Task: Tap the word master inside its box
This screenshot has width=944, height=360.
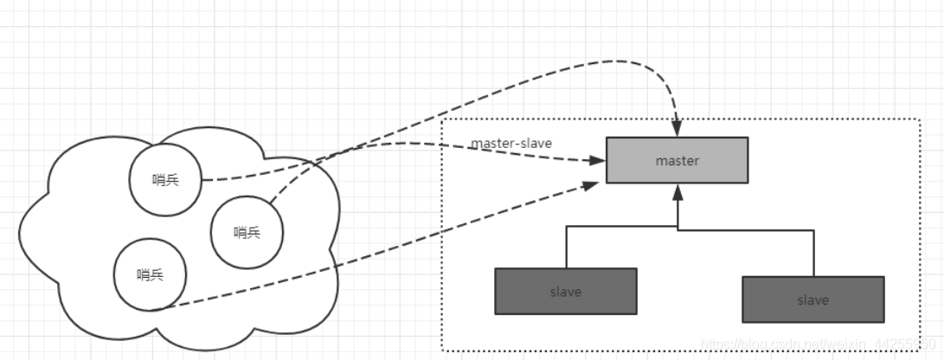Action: tap(677, 161)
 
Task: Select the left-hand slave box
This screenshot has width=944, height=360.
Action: tap(566, 291)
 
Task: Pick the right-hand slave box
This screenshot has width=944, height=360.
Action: tap(812, 299)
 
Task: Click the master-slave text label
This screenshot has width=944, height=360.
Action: tap(511, 143)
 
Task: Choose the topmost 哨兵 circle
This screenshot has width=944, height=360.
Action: tap(165, 178)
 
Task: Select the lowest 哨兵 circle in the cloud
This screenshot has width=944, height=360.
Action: tap(151, 275)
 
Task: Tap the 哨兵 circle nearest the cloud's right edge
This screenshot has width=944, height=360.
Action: tap(247, 232)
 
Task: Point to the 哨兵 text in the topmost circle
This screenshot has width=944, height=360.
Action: tap(165, 179)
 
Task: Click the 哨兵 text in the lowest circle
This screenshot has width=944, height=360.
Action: tap(151, 275)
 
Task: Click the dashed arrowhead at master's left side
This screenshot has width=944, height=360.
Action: tap(597, 161)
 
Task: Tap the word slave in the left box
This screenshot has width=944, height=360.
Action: tap(566, 292)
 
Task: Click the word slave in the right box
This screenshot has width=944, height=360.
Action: tap(812, 300)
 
